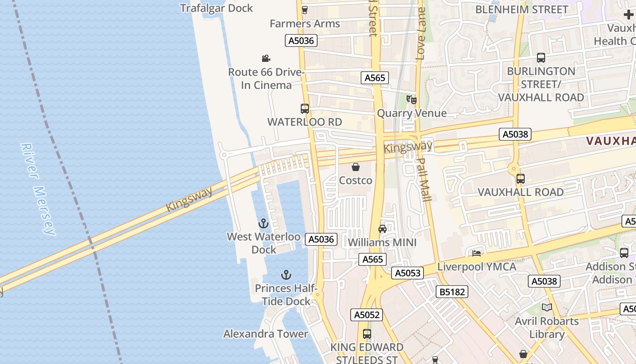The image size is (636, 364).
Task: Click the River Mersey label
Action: (38, 189)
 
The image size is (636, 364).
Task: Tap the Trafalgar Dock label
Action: (216, 8)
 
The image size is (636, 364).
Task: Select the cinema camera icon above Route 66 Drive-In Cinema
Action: (266, 58)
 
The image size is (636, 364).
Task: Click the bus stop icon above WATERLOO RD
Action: (305, 109)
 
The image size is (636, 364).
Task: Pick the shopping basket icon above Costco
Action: (356, 167)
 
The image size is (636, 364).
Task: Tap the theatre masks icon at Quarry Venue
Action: (411, 99)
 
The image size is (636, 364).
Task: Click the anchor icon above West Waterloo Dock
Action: (263, 223)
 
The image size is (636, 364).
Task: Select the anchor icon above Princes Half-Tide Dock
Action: (286, 275)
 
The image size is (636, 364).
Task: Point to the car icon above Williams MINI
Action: (383, 229)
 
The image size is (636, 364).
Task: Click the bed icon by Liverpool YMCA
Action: (477, 253)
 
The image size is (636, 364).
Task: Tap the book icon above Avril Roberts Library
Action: (547, 308)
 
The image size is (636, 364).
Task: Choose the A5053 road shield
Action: (407, 273)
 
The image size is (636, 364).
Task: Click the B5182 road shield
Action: (452, 292)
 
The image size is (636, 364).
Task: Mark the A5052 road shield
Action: (367, 314)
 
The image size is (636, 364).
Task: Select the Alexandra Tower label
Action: (266, 334)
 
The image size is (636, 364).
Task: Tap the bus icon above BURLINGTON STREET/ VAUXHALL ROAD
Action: (541, 58)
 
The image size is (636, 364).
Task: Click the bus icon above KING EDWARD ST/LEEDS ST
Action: (367, 334)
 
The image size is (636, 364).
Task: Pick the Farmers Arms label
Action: (305, 24)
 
